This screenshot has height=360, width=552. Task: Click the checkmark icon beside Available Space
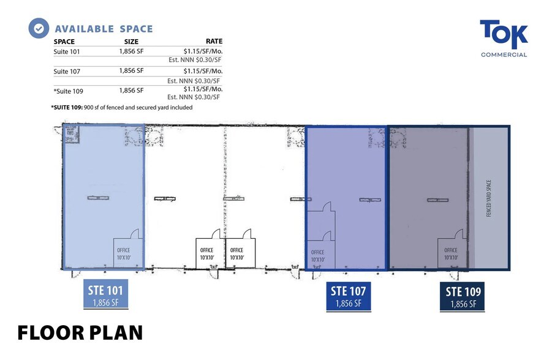pyautogui.click(x=39, y=28)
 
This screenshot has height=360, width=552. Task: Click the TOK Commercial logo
pyautogui.click(x=503, y=39)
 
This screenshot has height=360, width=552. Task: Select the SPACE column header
pyautogui.click(x=64, y=42)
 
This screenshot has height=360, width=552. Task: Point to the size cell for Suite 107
pyautogui.click(x=131, y=71)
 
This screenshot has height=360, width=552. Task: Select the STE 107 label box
pyautogui.click(x=347, y=296)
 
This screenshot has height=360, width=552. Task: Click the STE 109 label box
pyautogui.click(x=463, y=296)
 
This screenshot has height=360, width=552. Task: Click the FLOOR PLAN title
pyautogui.click(x=80, y=332)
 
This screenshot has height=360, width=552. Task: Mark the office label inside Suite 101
pyautogui.click(x=124, y=253)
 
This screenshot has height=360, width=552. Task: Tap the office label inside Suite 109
pyautogui.click(x=450, y=253)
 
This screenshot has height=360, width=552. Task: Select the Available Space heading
pyautogui.click(x=104, y=29)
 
